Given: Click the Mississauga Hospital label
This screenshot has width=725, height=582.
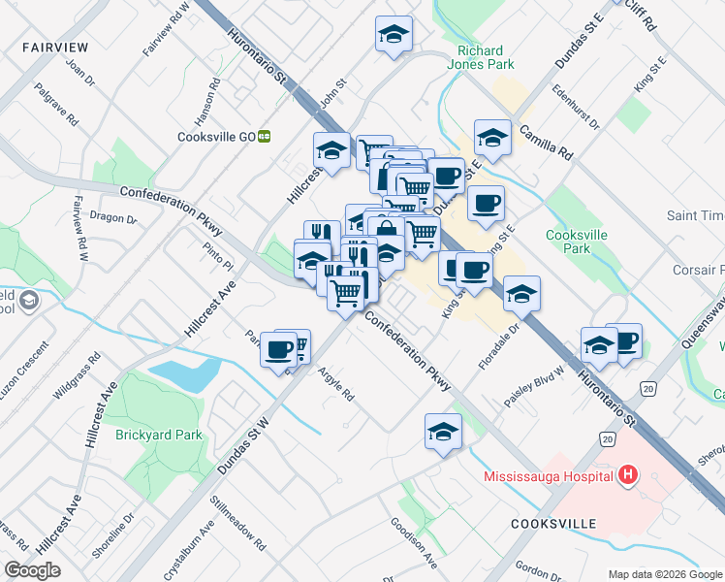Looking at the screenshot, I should coord(549,475).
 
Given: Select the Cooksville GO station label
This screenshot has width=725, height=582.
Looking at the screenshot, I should coord(215,137).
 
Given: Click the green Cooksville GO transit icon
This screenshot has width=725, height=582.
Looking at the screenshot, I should coord(263,137).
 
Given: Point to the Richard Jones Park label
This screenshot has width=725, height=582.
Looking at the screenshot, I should coord(480,58).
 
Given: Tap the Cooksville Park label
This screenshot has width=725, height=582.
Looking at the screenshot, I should coord(582,242).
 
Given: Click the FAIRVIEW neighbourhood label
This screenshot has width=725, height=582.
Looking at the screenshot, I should coord(55,47).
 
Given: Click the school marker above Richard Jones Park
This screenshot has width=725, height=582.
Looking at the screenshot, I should coord(393,34).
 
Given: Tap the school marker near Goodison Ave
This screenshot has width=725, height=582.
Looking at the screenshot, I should coord(443,430).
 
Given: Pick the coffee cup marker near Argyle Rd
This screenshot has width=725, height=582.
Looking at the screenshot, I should coord(278,348).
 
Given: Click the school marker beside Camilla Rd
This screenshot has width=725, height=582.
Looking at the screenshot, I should coord(492,137).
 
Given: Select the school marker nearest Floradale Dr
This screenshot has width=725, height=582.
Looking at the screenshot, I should coord(521,293).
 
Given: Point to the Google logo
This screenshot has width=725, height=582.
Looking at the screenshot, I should coord(32,569).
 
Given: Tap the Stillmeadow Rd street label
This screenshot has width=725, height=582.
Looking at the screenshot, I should coord(237,525).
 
